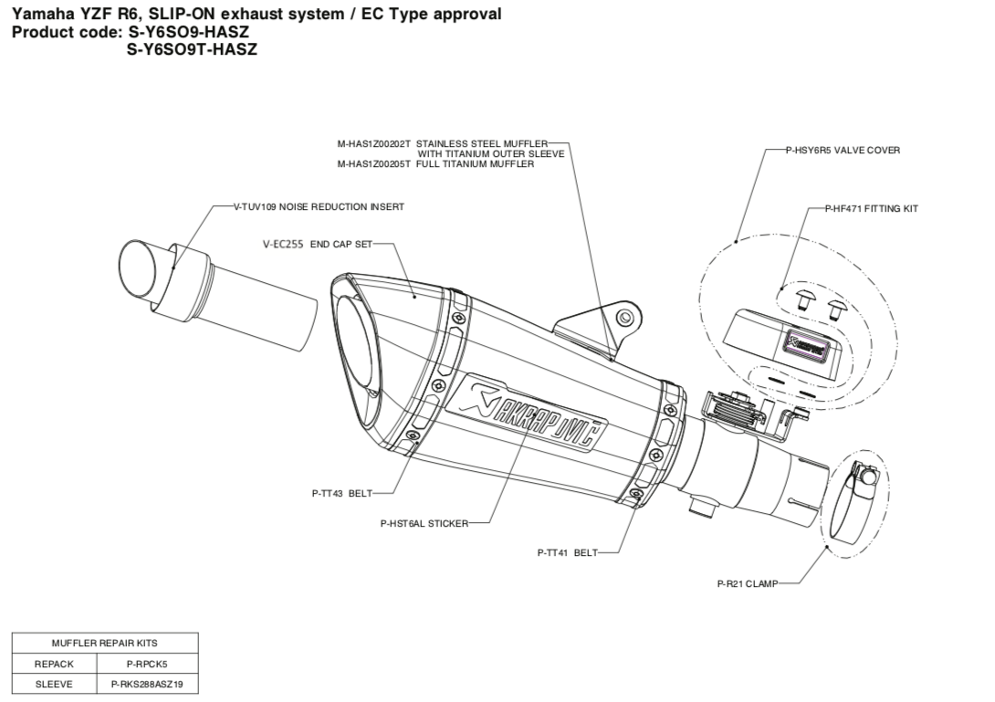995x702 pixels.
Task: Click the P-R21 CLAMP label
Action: [x=747, y=584]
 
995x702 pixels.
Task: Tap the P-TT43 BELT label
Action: [x=341, y=493]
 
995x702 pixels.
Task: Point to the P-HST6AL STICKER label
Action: [x=424, y=524]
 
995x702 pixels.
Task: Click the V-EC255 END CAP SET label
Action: [x=317, y=245]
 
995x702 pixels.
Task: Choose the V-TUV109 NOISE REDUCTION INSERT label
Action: [x=319, y=207]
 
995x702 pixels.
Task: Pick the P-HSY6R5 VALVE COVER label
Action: [x=843, y=150]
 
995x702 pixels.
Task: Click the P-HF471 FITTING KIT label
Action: [x=871, y=209]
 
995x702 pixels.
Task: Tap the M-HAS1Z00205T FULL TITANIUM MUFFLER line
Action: [x=435, y=164]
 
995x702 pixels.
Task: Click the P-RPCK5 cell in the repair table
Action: [x=147, y=664]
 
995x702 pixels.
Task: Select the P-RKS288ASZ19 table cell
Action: [x=147, y=684]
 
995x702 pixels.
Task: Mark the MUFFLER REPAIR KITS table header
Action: [x=104, y=644]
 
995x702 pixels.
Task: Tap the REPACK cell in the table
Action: [x=54, y=664]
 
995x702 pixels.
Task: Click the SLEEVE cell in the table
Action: [x=54, y=684]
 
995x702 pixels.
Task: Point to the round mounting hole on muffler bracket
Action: [x=624, y=318]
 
